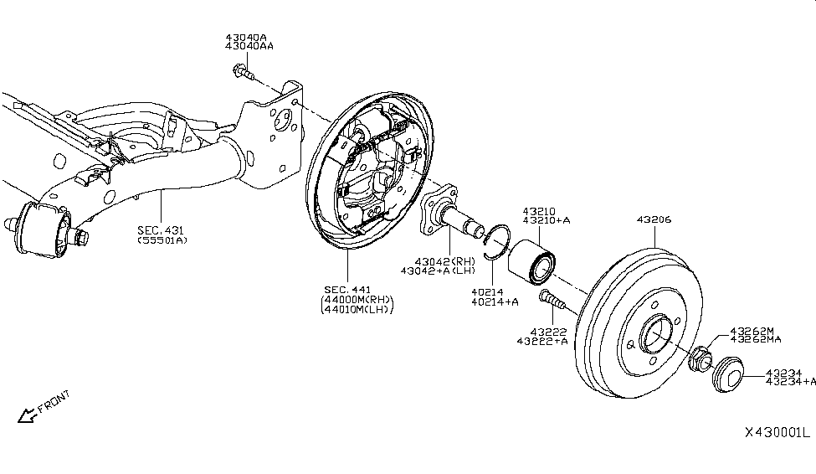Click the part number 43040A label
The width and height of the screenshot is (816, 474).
245,38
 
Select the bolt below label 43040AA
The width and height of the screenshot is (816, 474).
244,72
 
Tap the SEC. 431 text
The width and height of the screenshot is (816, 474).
161,229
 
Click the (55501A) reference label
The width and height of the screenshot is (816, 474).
162,240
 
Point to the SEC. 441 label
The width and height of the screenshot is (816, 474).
347,290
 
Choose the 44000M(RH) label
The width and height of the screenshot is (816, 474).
357,300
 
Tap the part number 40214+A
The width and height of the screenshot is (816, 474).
495,301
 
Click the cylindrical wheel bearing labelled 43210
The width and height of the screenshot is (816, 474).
531,260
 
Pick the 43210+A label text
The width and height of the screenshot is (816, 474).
547,220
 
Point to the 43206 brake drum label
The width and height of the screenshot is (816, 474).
654,219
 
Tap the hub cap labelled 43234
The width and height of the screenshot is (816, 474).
727,374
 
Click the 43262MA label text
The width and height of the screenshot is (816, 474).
756,340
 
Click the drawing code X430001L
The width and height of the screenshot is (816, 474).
778,432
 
